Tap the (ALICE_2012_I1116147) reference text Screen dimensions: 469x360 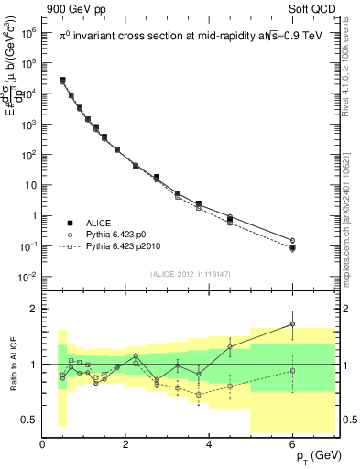[x=191, y=274]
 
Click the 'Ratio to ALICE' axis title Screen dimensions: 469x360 [x=11, y=364]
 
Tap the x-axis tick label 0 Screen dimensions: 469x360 [x=43, y=444]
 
